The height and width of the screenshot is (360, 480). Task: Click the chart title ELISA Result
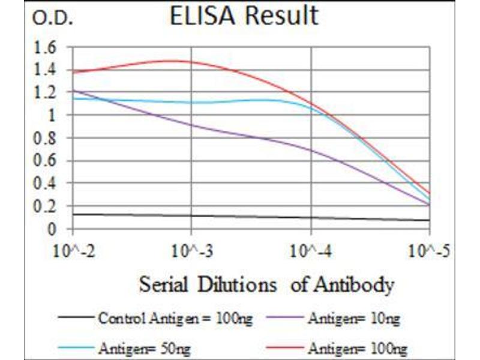[244, 16]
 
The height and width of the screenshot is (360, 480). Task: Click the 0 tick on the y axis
[52, 229]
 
